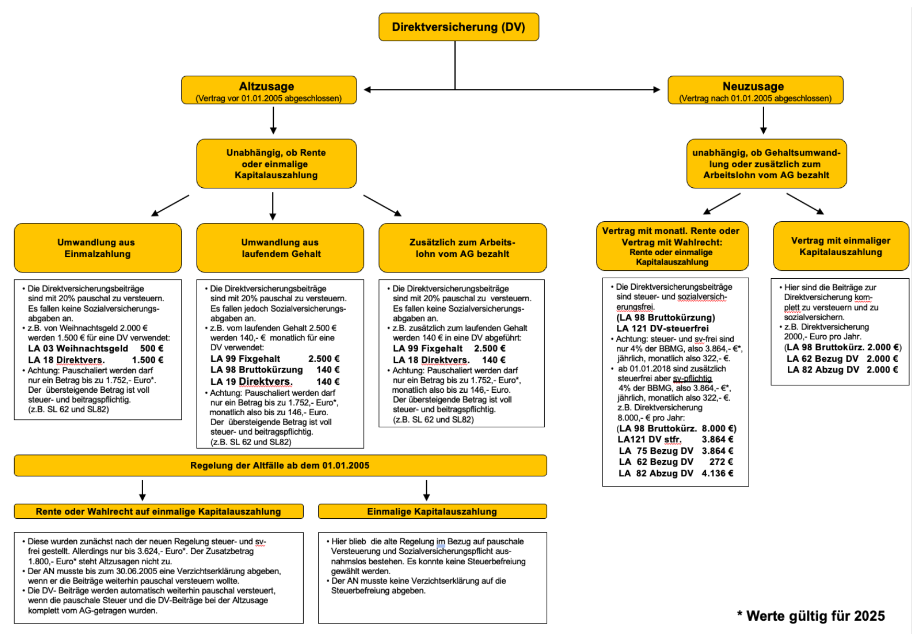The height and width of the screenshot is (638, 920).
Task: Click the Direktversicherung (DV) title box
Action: coord(458,27)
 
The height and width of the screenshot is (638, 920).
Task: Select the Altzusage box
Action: coord(269,90)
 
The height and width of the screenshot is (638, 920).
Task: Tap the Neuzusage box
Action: coord(755,90)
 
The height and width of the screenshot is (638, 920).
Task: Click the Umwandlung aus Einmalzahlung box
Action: coord(98,248)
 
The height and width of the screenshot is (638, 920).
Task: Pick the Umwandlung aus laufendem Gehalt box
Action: coord(280,248)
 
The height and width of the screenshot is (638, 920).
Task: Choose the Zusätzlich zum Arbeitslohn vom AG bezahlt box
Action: coord(463,248)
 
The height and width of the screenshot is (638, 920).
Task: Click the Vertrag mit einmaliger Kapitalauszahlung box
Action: coord(841,246)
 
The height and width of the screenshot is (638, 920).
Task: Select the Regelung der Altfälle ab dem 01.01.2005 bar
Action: coord(280,465)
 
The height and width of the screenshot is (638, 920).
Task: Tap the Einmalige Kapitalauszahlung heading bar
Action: coord(432,511)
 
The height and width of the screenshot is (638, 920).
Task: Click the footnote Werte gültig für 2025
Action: coord(811,616)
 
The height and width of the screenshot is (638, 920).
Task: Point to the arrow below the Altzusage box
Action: coord(273,120)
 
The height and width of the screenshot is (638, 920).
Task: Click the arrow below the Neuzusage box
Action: coord(764,120)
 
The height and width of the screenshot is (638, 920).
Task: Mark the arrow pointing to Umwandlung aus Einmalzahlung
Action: coord(170,206)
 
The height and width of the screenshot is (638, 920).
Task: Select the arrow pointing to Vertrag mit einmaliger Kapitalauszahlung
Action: coord(805,204)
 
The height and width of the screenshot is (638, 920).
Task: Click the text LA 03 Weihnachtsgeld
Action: coord(78,349)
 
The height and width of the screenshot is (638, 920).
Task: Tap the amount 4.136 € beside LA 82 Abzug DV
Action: coord(717,473)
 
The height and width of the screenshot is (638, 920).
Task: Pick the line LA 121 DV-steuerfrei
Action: coord(662,328)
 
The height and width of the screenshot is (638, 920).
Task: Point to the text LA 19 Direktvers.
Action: coord(251,382)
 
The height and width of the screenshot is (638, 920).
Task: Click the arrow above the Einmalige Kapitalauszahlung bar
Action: coord(427,491)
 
